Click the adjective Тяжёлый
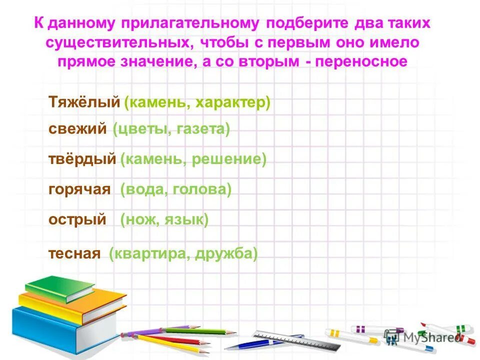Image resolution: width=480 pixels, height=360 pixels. tap(84, 102)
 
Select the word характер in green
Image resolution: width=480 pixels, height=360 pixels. tap(232, 102)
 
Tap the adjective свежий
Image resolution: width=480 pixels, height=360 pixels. tap(77, 129)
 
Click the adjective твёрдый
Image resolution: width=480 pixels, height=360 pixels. tap(82, 159)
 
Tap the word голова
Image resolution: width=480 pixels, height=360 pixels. tap(204, 189)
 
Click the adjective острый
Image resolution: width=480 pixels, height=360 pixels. tap(77, 219)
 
